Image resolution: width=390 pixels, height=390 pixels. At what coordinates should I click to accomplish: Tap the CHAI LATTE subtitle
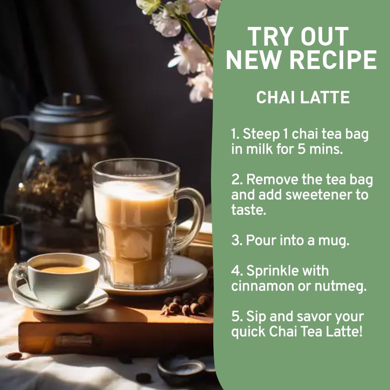pos(303,97)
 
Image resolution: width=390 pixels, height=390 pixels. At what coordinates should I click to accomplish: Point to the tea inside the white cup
pos(64,269)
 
